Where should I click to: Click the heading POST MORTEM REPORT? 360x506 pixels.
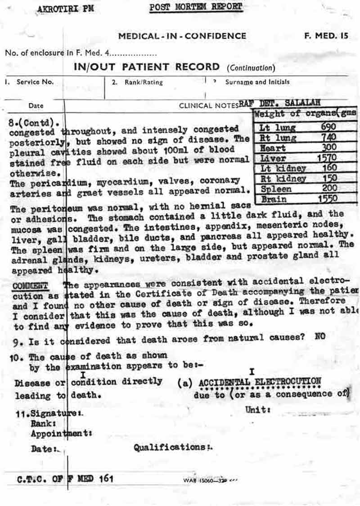pyautogui.click(x=196, y=7)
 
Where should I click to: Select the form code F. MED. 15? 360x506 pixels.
pyautogui.click(x=326, y=36)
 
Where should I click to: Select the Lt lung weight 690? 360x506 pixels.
pyautogui.click(x=328, y=127)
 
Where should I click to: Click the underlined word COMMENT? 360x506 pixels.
pyautogui.click(x=30, y=286)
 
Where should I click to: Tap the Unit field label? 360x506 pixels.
pyautogui.click(x=258, y=410)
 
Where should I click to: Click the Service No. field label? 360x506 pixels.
pyautogui.click(x=35, y=82)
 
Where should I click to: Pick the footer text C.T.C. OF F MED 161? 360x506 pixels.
pyautogui.click(x=66, y=479)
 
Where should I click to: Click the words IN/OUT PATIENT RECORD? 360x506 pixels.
pyautogui.click(x=147, y=67)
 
